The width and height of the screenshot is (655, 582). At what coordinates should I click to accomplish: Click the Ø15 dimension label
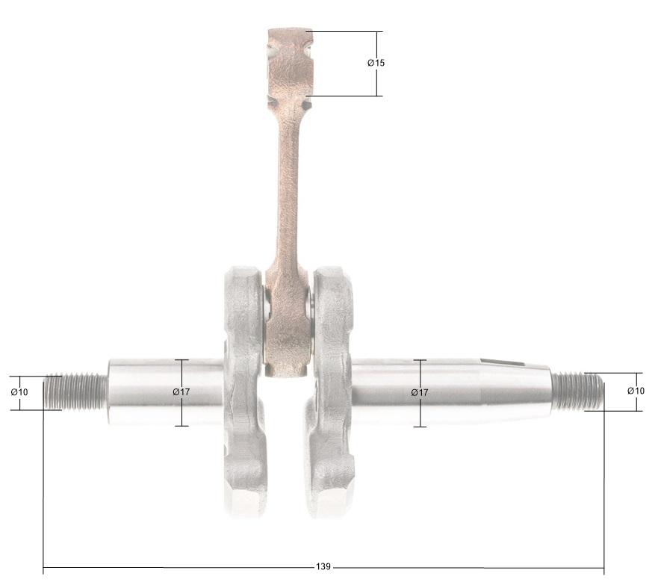[376, 64]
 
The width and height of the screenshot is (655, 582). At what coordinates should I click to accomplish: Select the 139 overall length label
[323, 567]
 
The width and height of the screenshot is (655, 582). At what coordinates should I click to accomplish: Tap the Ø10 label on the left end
[19, 392]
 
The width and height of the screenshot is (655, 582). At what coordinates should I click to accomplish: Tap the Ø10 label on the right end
[636, 391]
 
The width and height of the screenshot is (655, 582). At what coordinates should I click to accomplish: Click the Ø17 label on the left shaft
[181, 392]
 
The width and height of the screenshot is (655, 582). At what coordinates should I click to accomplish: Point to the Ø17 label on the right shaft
[420, 392]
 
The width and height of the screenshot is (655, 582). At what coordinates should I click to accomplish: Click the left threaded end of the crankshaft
[75, 391]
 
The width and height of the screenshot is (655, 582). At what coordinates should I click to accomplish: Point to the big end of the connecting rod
[288, 329]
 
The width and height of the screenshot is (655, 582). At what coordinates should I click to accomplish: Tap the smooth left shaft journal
[149, 392]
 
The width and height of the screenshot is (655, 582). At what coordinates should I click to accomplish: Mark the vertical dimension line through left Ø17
[181, 415]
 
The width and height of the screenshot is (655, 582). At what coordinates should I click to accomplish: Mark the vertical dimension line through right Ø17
[420, 415]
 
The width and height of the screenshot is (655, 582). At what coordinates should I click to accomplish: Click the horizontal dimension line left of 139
[179, 567]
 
